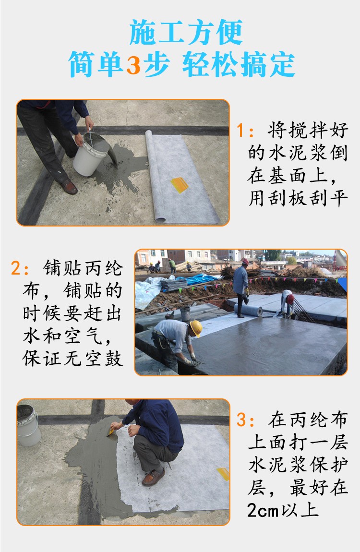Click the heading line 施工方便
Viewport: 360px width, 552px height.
(x=186, y=32)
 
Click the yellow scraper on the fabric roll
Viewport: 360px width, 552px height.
(x=179, y=185)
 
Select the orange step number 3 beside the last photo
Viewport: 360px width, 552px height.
(x=241, y=420)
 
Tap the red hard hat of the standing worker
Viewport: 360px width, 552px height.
(x=245, y=261)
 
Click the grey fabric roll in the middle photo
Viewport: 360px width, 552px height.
(x=248, y=310)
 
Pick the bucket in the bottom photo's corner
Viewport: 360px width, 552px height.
(x=28, y=425)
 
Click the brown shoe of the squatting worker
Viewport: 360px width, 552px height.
(x=153, y=477)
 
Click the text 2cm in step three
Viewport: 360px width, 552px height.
(x=263, y=510)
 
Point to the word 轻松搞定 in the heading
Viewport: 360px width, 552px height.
(x=239, y=65)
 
